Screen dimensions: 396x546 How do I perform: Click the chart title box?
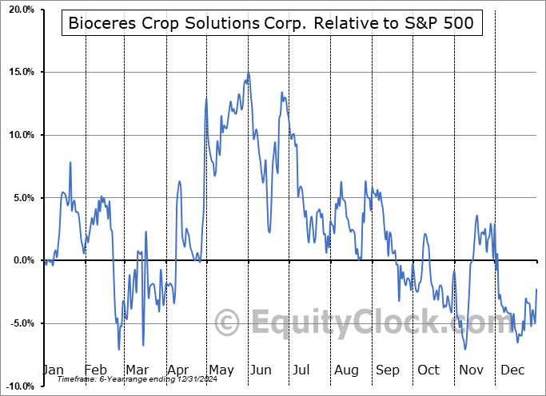(271, 24)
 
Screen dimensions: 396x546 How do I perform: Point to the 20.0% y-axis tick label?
(18, 10)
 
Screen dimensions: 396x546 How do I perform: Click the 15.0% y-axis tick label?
(18, 73)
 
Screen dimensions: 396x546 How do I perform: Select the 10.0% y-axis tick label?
(18, 135)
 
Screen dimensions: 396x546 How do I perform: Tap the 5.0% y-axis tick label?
(20, 198)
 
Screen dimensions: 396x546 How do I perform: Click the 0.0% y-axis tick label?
(20, 260)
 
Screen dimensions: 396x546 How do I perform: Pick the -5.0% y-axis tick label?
(18, 323)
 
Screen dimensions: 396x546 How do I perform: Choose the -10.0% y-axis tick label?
(17, 386)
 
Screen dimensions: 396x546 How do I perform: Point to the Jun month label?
(260, 370)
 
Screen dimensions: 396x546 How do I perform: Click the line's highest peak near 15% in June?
(248, 73)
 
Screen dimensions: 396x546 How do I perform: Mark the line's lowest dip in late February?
(119, 349)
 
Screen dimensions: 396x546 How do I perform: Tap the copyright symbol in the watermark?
(228, 323)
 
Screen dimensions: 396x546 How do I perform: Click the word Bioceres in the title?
(102, 24)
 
